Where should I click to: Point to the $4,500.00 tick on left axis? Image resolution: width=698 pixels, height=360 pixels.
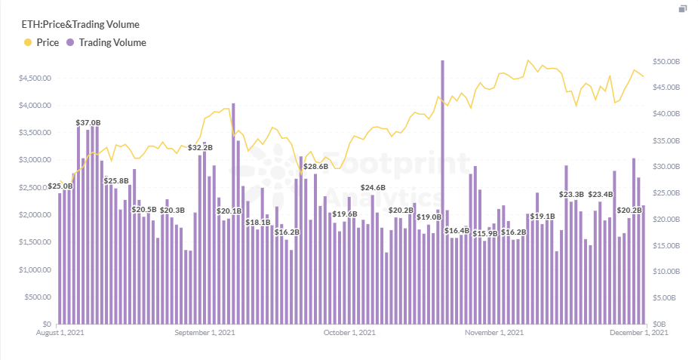tap(34, 78)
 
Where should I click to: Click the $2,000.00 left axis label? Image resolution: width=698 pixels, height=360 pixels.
tap(34, 214)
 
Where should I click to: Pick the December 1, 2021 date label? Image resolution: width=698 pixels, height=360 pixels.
tap(639, 333)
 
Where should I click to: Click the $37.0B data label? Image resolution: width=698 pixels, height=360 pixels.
tap(88, 122)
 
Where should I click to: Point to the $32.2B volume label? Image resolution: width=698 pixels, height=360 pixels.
tap(200, 148)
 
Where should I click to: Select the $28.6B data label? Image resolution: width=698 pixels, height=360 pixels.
tap(315, 166)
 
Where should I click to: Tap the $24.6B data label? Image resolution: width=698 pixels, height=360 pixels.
tap(372, 187)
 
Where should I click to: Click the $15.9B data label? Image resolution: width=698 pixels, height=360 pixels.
tap(484, 234)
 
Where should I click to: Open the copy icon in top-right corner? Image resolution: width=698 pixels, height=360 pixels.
tap(682, 9)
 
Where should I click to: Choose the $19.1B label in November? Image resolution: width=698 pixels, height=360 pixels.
tap(542, 217)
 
